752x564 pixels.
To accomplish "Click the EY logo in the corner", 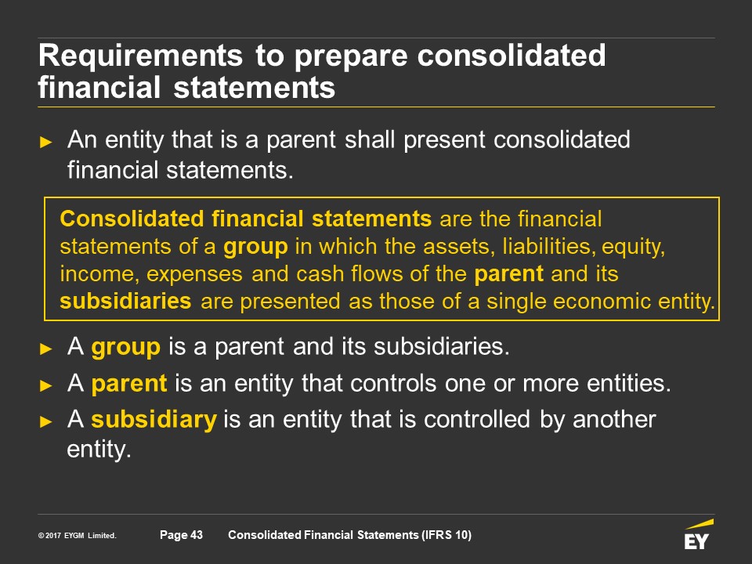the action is point(698,534).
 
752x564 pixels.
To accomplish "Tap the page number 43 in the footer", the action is point(197,535).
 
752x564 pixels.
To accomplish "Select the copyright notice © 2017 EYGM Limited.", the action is point(78,535).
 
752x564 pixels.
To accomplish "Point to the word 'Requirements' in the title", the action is point(140,55).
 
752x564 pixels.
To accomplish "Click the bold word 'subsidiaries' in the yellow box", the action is point(125,301).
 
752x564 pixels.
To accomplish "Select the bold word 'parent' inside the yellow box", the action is point(508,274).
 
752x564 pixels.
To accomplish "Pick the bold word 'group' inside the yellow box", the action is point(255,248).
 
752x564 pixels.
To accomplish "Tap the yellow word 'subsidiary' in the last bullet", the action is point(154,419).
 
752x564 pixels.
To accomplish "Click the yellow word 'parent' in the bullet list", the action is point(129,384).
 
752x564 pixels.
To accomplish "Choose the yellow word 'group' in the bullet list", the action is point(125,347).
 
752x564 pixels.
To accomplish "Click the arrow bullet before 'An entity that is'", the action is point(46,142).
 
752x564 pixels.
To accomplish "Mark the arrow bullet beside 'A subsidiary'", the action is point(46,421).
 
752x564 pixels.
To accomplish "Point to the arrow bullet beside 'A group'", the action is point(46,349).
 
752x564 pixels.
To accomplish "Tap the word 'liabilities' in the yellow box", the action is point(548,247).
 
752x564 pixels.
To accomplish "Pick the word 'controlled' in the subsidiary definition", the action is point(477,419).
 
